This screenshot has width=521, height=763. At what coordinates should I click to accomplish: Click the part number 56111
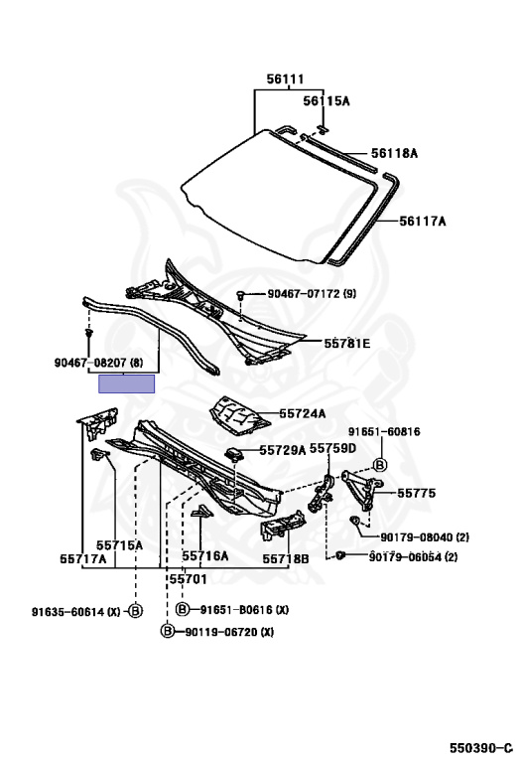[x=285, y=78]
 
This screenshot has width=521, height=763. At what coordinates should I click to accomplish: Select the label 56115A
[x=326, y=100]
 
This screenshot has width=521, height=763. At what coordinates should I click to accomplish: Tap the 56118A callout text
[x=394, y=153]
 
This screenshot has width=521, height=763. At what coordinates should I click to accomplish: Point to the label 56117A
[x=423, y=222]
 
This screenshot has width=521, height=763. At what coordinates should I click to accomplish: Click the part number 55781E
[x=347, y=344]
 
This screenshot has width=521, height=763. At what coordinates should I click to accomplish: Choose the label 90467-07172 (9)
[x=312, y=294]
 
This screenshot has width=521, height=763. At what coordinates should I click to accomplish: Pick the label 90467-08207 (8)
[x=98, y=363]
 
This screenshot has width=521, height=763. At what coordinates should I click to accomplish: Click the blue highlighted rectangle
[x=127, y=383]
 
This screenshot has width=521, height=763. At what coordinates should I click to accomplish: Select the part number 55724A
[x=303, y=413]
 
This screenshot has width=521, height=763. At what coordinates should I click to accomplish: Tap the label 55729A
[x=283, y=450]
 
